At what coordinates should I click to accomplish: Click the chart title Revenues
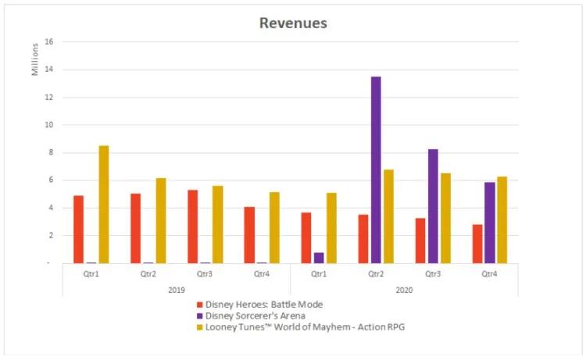pos(293,23)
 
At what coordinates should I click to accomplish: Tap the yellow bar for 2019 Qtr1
pos(104,204)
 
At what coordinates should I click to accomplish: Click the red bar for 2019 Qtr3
pos(192,226)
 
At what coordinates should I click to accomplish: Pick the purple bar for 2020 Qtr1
pos(319,258)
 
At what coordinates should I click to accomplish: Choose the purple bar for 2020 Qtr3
pos(433,205)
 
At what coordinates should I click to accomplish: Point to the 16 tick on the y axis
pos(48,42)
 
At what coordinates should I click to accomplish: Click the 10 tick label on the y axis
pos(48,125)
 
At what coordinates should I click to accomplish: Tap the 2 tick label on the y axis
pos(49,235)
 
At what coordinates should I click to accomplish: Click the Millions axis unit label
pos(34,61)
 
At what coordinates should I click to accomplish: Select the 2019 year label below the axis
pos(175,290)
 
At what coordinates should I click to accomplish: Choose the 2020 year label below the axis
pos(403,290)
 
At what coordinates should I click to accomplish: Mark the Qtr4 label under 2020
pos(489,275)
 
